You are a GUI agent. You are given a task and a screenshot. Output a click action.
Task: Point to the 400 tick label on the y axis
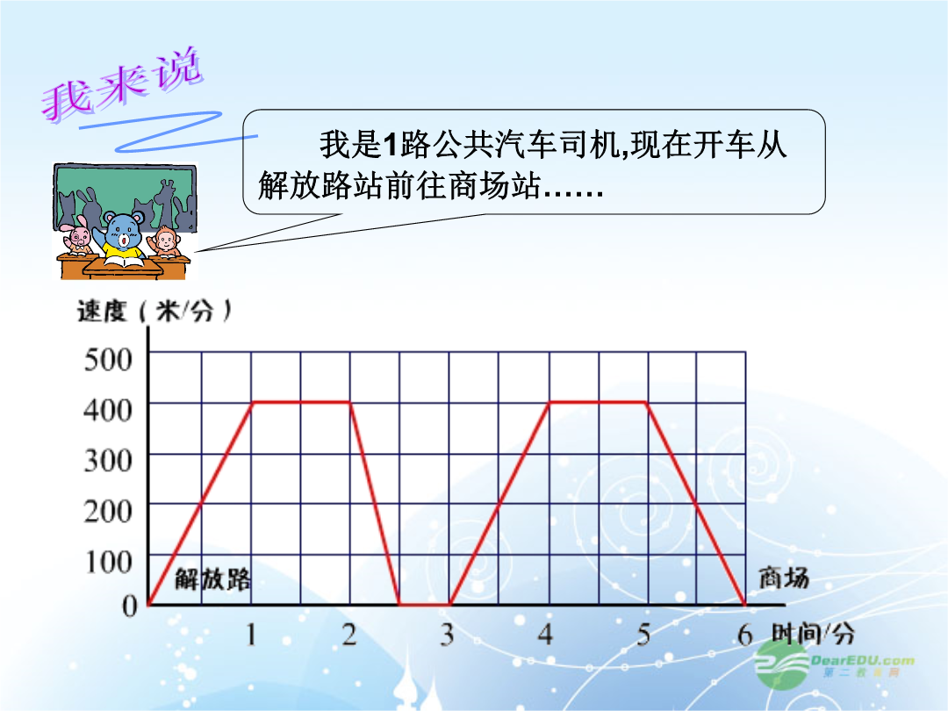pyautogui.click(x=108, y=410)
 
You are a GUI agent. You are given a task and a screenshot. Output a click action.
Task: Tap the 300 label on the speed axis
pyautogui.click(x=108, y=461)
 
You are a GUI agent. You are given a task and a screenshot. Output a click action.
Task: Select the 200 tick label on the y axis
pyautogui.click(x=108, y=512)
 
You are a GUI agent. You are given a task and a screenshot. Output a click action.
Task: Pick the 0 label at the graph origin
pyautogui.click(x=130, y=605)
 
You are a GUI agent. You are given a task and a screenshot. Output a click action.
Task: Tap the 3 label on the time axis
pyautogui.click(x=447, y=635)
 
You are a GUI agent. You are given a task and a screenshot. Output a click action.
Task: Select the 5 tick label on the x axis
pyautogui.click(x=644, y=635)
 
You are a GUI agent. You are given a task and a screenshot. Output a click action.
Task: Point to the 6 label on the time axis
pyautogui.click(x=745, y=635)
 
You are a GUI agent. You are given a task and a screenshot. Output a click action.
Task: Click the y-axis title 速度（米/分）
pyautogui.click(x=154, y=312)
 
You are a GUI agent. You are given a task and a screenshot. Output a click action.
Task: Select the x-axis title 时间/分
pyautogui.click(x=813, y=634)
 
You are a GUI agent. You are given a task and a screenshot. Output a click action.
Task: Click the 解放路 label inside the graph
pyautogui.click(x=212, y=579)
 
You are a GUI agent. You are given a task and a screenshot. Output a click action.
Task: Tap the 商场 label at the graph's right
pyautogui.click(x=784, y=578)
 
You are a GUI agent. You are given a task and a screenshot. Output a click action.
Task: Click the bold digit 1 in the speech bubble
pyautogui.click(x=391, y=146)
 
